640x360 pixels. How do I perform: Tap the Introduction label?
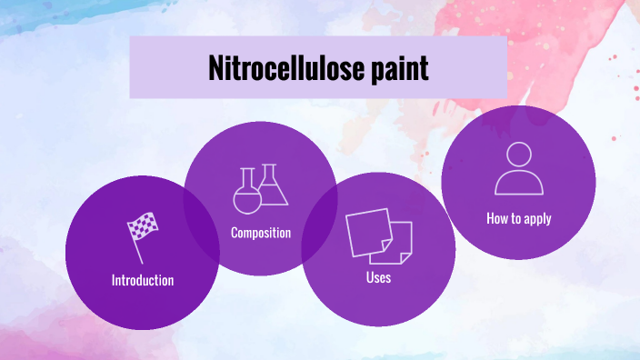[x=143, y=280]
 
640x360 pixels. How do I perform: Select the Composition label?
[x=261, y=233]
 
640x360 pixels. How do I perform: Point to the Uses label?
[x=378, y=276]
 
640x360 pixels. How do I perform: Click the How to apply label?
[x=518, y=218]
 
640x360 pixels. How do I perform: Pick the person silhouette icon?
[x=519, y=169]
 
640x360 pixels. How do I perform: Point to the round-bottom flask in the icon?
[x=247, y=193]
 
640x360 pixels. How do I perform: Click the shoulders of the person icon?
[x=519, y=184]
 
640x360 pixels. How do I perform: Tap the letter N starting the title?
[x=215, y=68]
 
